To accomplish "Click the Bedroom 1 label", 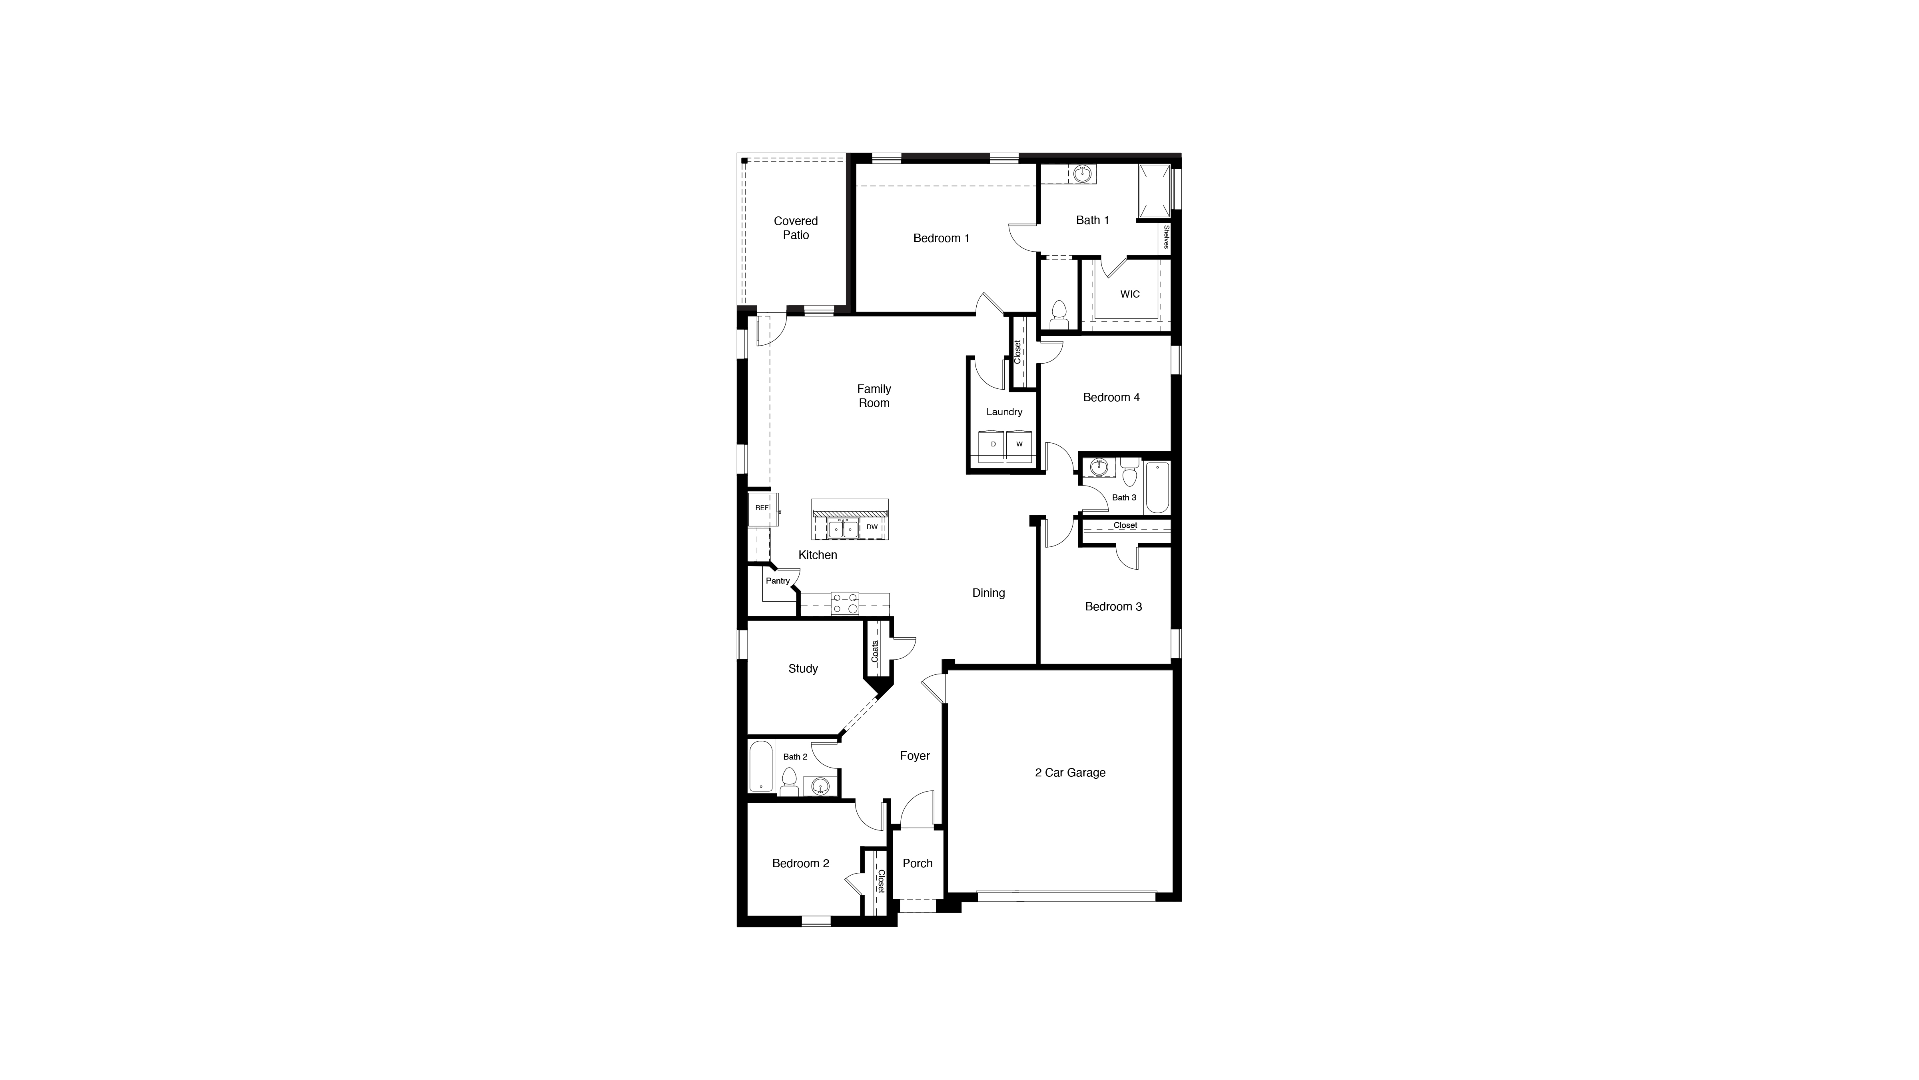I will click(941, 238).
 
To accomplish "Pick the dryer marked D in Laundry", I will click(993, 444).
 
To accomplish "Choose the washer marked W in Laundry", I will click(1019, 444).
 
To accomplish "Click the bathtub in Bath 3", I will click(1157, 488).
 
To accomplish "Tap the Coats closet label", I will click(875, 651).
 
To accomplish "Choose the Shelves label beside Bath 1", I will click(1166, 238).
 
